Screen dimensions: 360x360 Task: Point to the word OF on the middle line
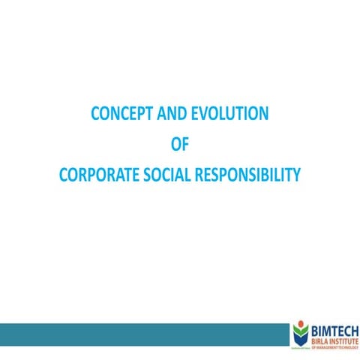pos(180,145)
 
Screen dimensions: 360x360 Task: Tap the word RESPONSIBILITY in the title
pos(250,175)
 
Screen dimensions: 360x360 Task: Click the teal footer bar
pos(142,335)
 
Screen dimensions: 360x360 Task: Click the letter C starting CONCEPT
pos(95,114)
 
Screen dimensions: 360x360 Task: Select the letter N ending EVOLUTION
pos(263,114)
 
